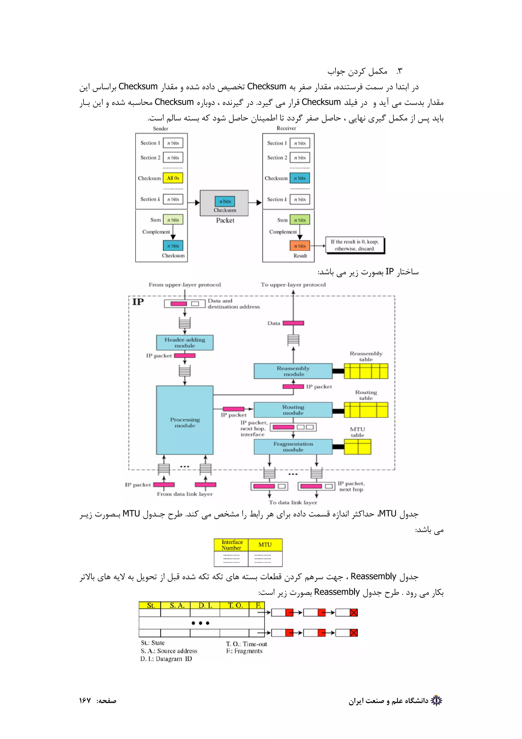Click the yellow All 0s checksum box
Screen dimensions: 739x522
tap(173, 178)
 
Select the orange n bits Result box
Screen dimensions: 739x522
tap(300, 246)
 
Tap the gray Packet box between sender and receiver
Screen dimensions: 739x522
tap(224, 203)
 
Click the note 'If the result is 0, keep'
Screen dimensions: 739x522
tap(355, 245)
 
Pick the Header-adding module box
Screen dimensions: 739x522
tap(185, 342)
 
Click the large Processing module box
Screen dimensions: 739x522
tap(185, 420)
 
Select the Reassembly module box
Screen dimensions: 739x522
tap(293, 371)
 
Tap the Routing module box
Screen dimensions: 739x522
tap(293, 410)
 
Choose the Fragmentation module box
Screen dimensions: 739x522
tap(293, 447)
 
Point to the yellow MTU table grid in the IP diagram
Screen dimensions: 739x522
tap(357, 447)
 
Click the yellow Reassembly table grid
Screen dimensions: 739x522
tap(366, 371)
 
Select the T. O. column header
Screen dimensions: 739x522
tap(235, 605)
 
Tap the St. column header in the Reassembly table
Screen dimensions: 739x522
tap(150, 605)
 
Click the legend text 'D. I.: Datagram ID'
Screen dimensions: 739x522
tap(166, 659)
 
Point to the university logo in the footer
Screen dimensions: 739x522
tap(436, 700)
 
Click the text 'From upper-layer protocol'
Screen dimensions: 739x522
tap(185, 285)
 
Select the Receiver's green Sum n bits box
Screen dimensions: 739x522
tap(300, 220)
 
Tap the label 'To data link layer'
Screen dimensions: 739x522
tap(293, 502)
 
